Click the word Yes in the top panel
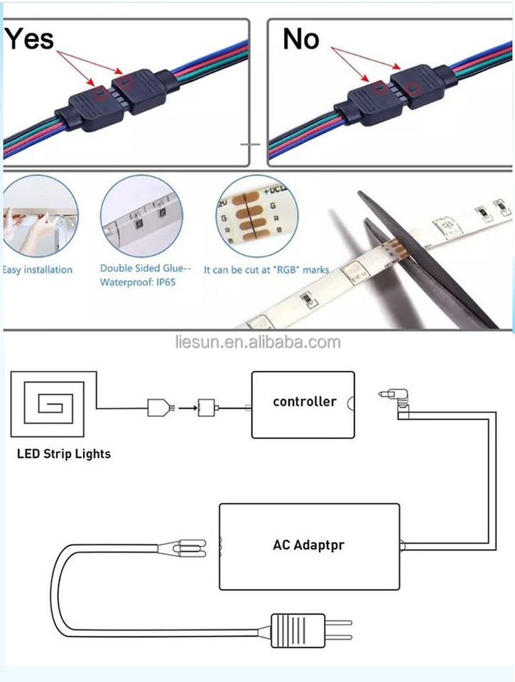coord(29,38)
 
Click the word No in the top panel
coord(300,39)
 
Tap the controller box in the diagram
coord(303,404)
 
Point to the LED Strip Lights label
coord(64,453)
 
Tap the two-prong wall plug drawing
coord(312,628)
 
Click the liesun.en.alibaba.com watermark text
coord(257,342)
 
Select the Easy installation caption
coord(38,270)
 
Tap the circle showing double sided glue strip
coord(141,216)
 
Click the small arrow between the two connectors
coord(187,408)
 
